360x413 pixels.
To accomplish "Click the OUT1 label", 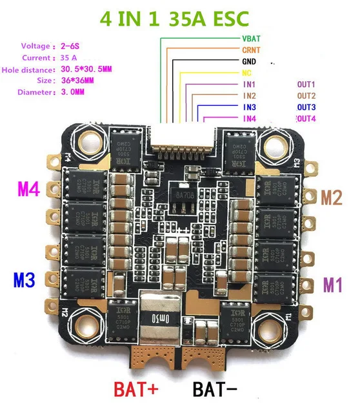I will coord(306,85).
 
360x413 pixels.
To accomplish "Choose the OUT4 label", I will coord(305,119).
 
